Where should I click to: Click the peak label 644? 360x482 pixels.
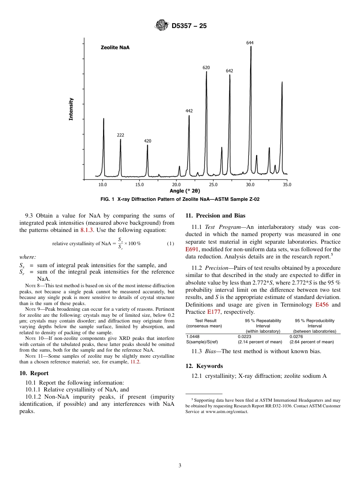250,43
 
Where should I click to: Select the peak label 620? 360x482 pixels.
206,67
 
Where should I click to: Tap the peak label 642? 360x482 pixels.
230,71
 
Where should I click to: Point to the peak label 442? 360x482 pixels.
189,111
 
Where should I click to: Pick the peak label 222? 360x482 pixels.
121,135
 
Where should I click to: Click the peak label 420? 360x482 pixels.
147,141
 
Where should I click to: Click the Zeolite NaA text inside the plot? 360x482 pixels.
115,47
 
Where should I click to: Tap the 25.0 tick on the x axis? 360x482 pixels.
213,185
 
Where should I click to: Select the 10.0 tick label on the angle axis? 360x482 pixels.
103,185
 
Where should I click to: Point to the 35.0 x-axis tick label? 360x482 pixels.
287,185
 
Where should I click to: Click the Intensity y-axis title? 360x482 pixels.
71,110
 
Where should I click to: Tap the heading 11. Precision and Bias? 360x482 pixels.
215,216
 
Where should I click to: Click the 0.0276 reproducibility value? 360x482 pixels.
296,336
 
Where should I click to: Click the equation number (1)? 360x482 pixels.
171,243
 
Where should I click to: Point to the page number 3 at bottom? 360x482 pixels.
180,466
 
